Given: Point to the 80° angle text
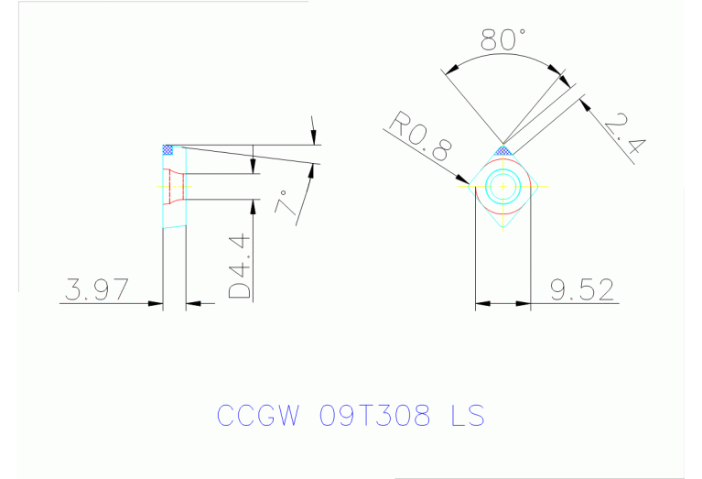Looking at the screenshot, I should pyautogui.click(x=502, y=39).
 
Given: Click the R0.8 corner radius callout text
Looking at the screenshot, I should pyautogui.click(x=419, y=136).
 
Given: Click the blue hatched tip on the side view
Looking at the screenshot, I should pyautogui.click(x=167, y=149).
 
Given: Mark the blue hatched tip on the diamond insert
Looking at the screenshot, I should pyautogui.click(x=502, y=149).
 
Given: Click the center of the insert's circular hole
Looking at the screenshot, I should pyautogui.click(x=502, y=187).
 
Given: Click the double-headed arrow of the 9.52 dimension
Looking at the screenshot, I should pyautogui.click(x=502, y=303).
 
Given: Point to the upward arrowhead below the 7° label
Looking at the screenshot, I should pyautogui.click(x=316, y=169).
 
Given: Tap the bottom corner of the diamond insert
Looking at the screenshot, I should pyautogui.click(x=502, y=226).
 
